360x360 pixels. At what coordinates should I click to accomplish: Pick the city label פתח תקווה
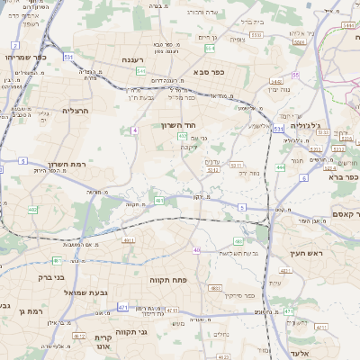pos(168,280)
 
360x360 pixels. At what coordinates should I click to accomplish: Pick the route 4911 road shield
pos(129,241)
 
